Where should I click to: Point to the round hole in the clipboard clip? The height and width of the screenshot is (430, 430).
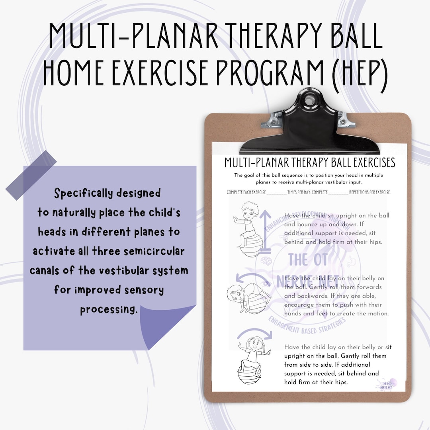(309, 100)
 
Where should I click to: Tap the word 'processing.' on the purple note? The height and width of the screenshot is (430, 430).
(108, 309)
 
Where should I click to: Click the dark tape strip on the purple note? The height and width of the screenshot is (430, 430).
(31, 175)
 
